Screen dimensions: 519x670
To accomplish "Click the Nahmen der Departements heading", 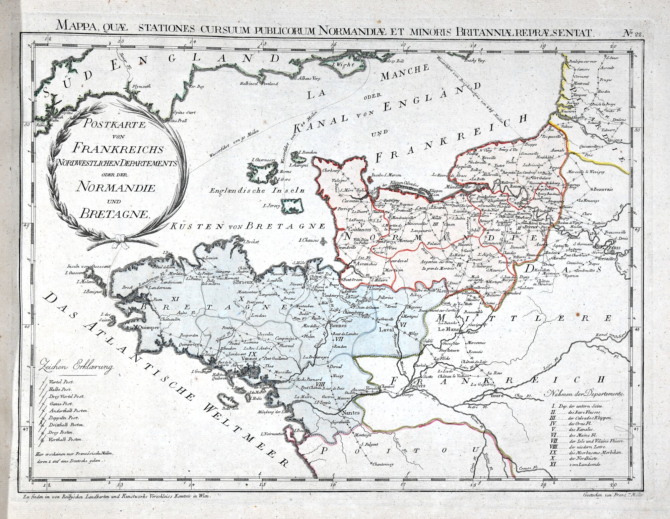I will pyautogui.click(x=585, y=393).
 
